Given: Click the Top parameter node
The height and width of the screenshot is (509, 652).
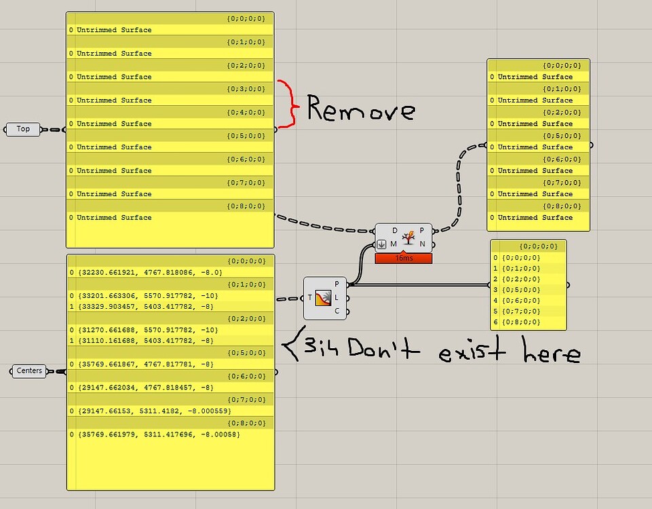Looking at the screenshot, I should point(23,129).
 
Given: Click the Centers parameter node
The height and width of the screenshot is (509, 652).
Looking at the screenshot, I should point(29,371).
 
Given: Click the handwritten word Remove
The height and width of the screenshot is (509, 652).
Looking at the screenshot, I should point(360,109).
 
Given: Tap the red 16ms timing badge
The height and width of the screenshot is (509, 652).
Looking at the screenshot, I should point(402,259).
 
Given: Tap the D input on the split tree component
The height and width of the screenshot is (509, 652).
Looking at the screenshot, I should point(395,231).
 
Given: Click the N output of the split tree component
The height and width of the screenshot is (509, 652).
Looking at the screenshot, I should point(422,244).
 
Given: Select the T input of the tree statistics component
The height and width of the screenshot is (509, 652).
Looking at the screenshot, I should point(310,298).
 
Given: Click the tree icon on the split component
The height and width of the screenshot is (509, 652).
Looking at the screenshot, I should point(408,238).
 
